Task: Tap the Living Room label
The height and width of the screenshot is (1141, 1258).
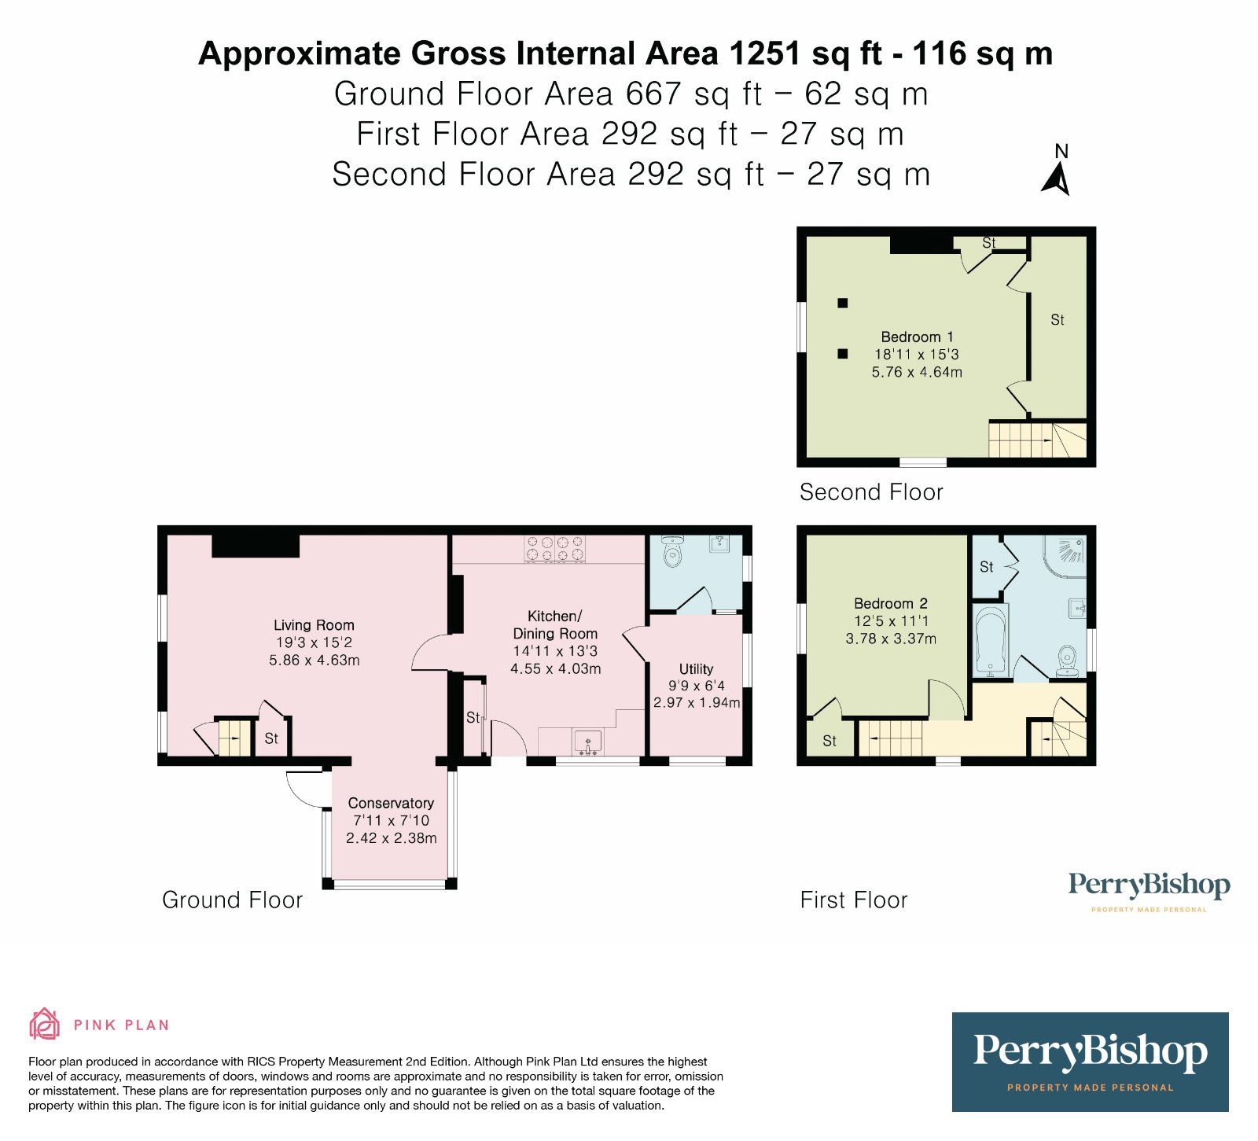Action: pos(314,625)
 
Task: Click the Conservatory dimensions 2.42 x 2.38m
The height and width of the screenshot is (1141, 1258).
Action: pos(391,838)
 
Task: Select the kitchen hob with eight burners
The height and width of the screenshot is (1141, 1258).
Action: pos(556,549)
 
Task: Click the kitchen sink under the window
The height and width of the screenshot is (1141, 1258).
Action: pos(587,742)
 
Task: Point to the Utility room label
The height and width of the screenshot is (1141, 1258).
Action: pos(696,669)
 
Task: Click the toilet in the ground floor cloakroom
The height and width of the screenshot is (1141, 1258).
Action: pos(672,554)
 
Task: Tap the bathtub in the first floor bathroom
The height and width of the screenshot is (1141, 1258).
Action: pos(990,641)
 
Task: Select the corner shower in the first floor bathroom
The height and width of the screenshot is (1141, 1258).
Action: pos(1066,554)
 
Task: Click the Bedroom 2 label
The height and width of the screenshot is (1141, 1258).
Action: pos(890,604)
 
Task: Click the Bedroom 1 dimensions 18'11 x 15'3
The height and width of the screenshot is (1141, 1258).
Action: pos(917,355)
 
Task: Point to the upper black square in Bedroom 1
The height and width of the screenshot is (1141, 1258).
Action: pos(843,303)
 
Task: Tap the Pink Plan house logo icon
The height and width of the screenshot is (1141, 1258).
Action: pos(45,1024)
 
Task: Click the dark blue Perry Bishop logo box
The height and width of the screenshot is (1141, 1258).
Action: pos(1090,1061)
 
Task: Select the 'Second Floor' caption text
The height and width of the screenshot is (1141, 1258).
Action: pos(871,492)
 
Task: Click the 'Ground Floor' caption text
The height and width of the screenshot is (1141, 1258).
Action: pos(232,900)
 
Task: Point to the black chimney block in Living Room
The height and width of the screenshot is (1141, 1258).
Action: pos(256,546)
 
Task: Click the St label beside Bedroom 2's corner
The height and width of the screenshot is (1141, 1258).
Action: pos(829,741)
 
